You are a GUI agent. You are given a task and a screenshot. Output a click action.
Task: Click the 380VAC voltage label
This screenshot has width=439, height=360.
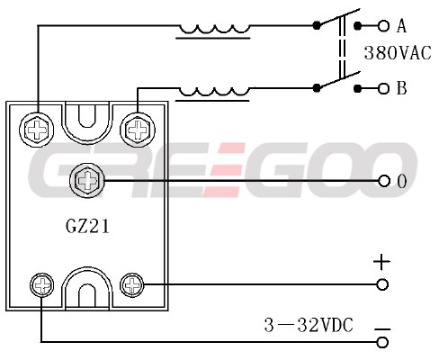pos(398,53)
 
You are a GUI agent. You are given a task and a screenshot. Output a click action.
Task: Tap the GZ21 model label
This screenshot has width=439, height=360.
pos(87,226)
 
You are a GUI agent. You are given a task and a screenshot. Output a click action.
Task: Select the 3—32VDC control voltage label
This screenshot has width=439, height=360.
pos(309,325)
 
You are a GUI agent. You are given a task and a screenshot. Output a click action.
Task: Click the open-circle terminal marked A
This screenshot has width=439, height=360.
pos(383,26)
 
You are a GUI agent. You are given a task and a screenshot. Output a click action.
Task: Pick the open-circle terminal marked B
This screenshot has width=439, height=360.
pos(383,88)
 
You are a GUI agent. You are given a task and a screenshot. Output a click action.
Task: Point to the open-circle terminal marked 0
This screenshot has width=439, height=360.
pos(384,181)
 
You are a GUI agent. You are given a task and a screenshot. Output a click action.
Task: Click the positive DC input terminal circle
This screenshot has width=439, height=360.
pos(382,284)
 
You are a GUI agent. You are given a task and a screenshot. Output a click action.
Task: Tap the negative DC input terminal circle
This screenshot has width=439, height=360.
pos(382,342)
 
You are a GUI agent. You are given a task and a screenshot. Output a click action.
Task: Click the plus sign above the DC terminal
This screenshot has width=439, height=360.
pos(381,262)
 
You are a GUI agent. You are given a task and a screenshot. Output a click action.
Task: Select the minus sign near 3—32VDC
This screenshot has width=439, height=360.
pos(382,329)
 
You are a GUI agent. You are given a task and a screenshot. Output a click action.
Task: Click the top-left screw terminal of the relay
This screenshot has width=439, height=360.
pos(37,130)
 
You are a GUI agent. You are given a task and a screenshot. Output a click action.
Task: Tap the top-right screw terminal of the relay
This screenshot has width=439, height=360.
pos(138,130)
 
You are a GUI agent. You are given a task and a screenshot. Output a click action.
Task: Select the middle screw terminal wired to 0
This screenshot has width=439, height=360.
pos(86,181)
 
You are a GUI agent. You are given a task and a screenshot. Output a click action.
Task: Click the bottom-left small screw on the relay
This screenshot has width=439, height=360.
pos(42,285)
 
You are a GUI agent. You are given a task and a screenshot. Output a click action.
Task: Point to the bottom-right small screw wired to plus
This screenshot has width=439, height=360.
pos(132,285)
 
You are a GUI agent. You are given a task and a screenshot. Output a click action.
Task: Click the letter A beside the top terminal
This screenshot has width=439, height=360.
pos(401,26)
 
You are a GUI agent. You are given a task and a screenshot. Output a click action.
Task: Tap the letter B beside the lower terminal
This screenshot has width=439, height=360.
pos(401,88)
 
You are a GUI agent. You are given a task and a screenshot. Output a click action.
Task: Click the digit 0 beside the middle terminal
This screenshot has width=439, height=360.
pos(402,181)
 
